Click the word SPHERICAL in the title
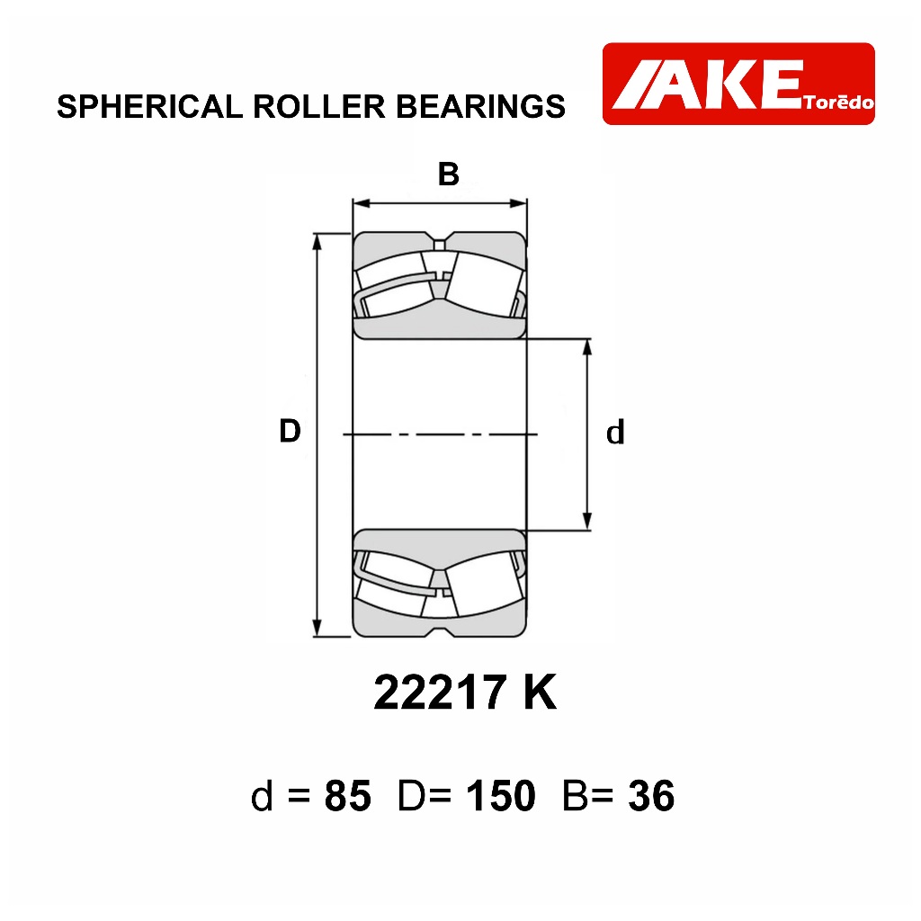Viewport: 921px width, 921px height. pos(150,107)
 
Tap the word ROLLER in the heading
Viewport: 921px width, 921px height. pos(319,107)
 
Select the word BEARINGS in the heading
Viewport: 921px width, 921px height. pos(480,107)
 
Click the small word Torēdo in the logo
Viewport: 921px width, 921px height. pos(839,103)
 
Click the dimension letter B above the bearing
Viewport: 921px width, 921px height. pos(449,174)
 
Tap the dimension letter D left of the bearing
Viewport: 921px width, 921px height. pos(291,431)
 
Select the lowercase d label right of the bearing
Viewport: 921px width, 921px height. pos(615,433)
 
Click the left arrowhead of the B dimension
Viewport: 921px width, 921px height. pos(361,204)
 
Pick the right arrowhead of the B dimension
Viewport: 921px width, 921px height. pos(519,204)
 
